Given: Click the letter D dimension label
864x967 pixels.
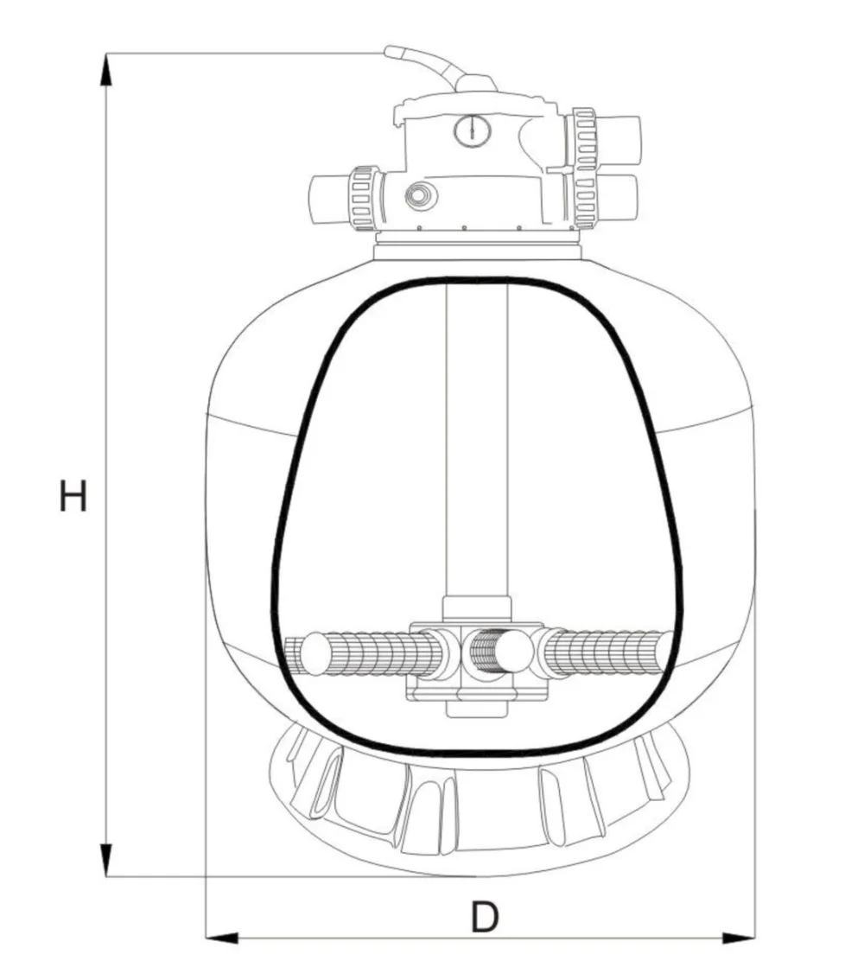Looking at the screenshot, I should point(485,917).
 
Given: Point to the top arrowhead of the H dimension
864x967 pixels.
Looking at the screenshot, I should point(106,68).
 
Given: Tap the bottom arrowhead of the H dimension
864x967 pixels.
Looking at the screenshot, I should point(106,860).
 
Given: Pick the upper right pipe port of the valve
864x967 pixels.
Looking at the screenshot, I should point(620,137).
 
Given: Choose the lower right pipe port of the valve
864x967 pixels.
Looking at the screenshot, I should point(620,200).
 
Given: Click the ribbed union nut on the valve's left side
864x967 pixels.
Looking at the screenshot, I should point(362,198).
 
